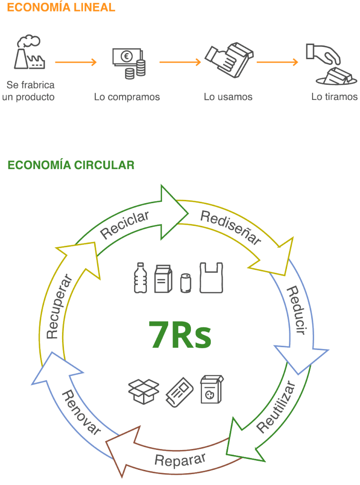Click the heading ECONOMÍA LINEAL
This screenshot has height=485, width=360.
tap(61, 8)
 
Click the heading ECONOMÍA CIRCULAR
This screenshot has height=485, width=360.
tap(71, 165)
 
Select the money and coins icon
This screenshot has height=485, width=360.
tap(129, 63)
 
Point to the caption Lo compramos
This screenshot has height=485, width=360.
tap(127, 97)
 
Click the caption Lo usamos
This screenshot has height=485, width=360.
tap(228, 97)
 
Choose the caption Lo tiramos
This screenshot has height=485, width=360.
tap(334, 97)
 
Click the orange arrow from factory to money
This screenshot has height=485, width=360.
tap(75, 62)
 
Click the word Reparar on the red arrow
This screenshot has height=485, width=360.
tap(180, 460)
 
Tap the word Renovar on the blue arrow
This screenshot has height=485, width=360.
tap(82, 413)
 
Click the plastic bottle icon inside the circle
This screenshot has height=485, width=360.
tap(140, 278)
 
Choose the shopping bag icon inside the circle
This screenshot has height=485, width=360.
tap(211, 278)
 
